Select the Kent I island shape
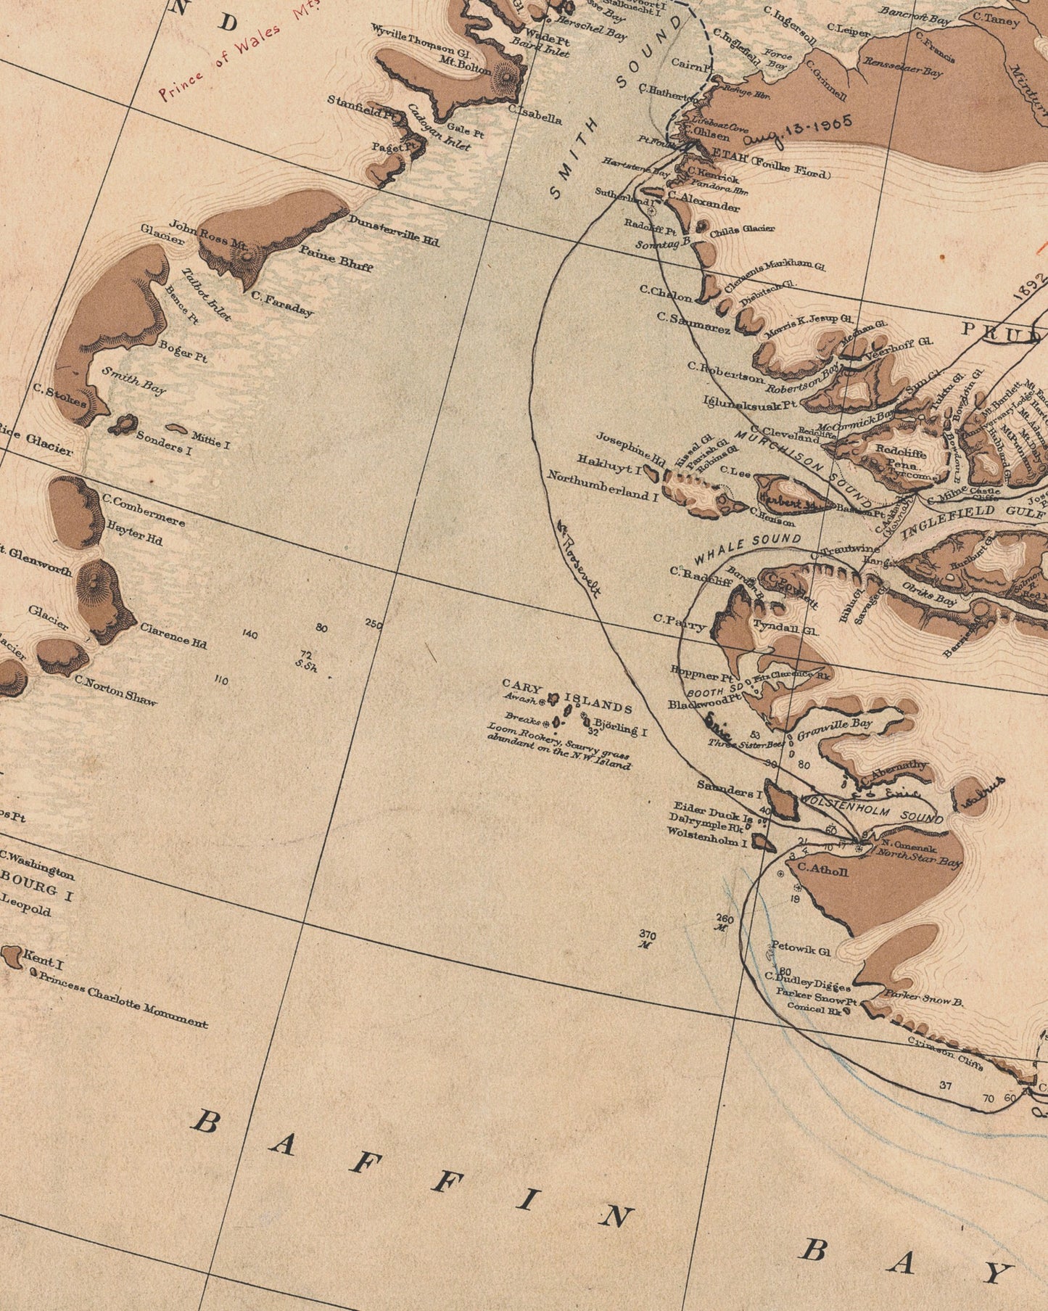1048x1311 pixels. [11, 956]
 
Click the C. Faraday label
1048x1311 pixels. [282, 303]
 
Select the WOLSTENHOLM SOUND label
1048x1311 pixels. [871, 807]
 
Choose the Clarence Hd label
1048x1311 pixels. [173, 636]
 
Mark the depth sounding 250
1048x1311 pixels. [374, 623]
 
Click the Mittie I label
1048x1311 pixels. [210, 439]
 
